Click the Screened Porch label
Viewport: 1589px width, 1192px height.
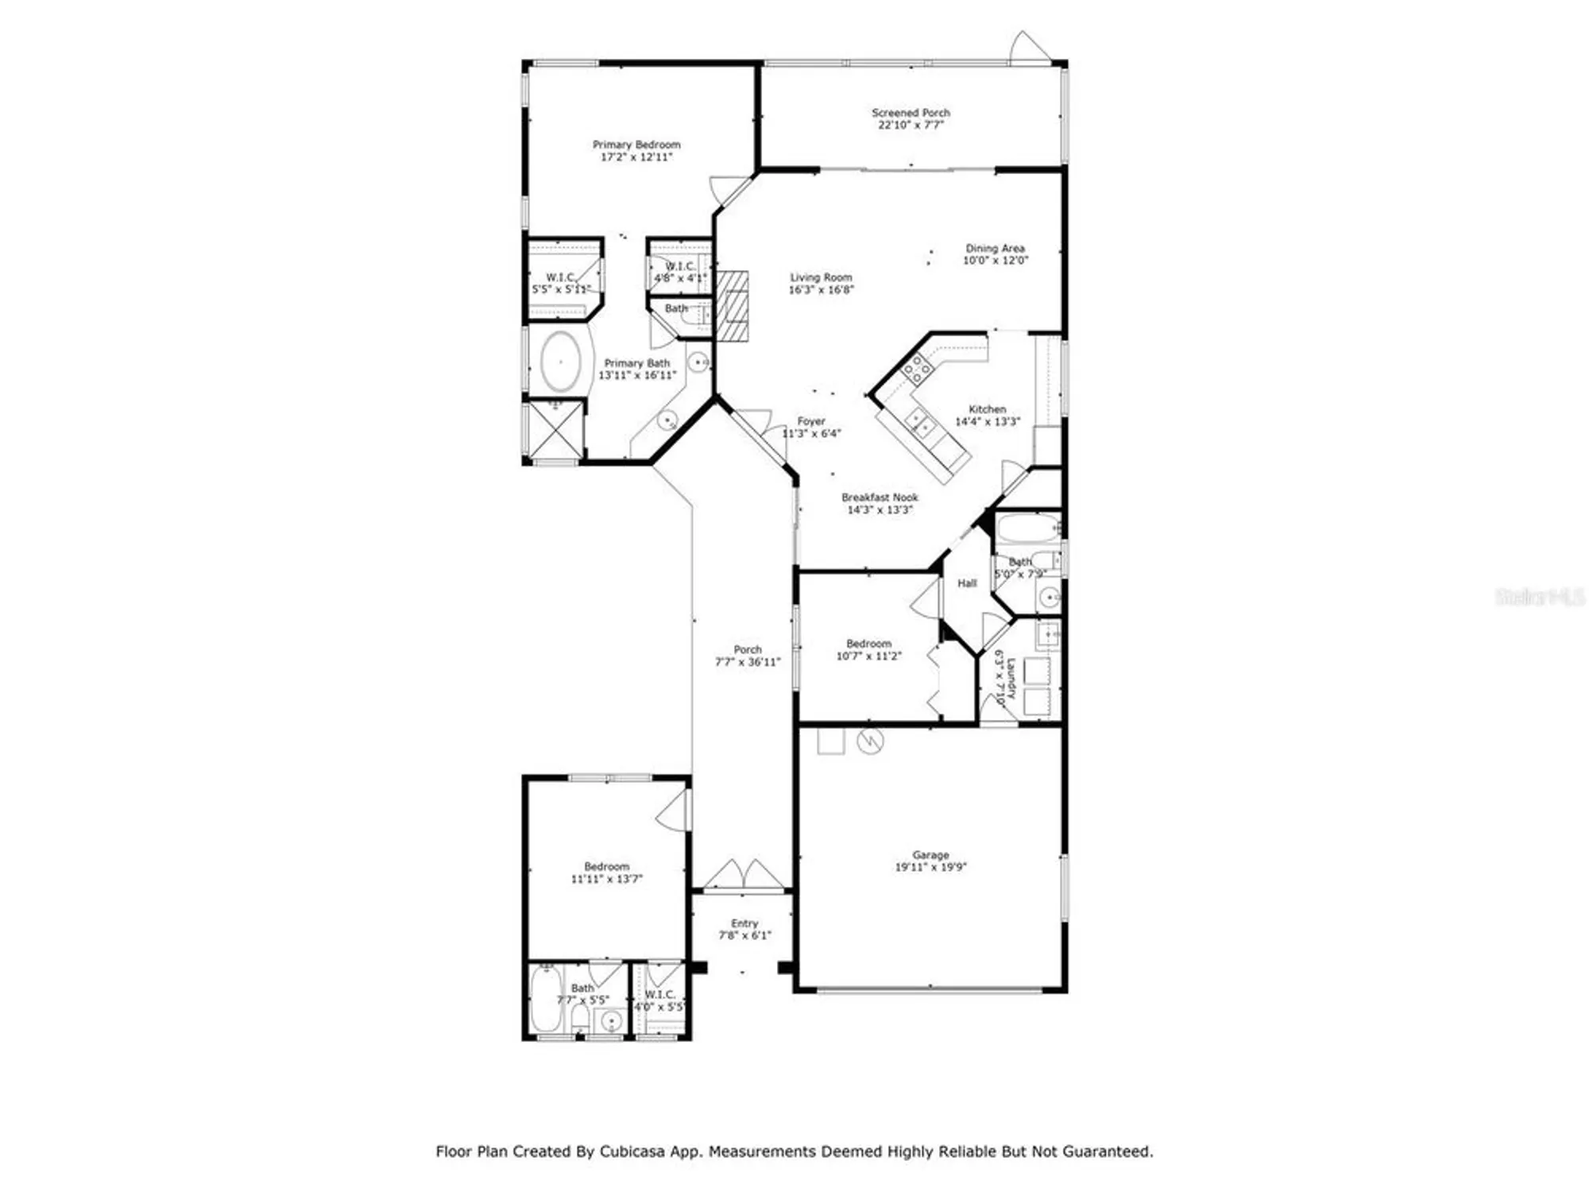(910, 113)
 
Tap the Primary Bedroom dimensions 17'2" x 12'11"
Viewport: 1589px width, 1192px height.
(636, 157)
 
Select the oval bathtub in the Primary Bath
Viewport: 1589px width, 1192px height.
(561, 362)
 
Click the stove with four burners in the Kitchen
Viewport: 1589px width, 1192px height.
(918, 370)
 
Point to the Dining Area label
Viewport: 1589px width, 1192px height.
(995, 248)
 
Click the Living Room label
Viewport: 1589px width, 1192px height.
(821, 277)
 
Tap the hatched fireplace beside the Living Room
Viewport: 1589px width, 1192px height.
(733, 306)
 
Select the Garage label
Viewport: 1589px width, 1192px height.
(930, 855)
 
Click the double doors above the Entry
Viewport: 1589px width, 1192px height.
(744, 874)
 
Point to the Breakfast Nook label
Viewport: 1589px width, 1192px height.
(880, 497)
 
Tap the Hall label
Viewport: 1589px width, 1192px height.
(967, 583)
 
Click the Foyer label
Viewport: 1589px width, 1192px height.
(811, 421)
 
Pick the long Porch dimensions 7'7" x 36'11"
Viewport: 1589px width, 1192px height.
(748, 662)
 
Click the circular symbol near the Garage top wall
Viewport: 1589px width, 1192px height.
(870, 742)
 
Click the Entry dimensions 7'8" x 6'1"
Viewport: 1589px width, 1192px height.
(744, 936)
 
